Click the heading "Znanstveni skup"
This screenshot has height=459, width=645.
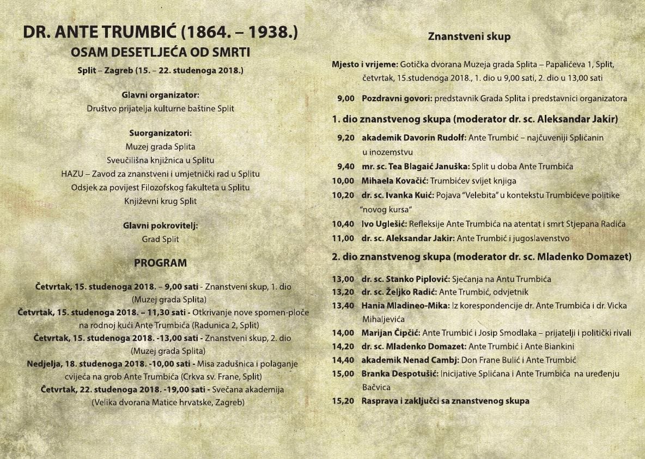469,37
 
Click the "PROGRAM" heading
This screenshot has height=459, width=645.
160,263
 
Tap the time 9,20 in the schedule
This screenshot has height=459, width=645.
346,138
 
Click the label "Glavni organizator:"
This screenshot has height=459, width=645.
160,95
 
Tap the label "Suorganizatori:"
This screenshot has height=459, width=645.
160,133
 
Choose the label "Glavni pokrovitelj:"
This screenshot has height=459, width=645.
160,225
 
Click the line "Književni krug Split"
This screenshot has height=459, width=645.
160,201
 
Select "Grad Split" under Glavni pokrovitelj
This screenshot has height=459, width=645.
160,239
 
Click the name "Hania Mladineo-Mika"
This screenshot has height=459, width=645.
405,305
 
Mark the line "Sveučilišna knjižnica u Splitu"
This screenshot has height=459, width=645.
160,160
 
